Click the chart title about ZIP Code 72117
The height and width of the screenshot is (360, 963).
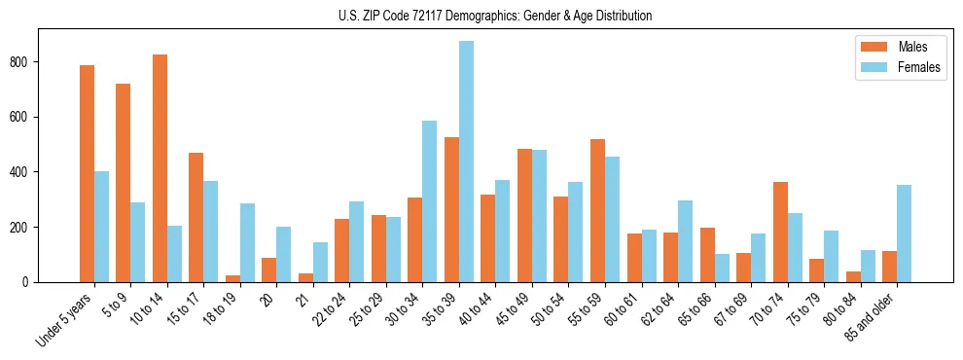481,16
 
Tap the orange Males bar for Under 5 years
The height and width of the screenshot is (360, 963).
88,173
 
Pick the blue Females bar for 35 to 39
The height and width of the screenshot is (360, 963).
467,162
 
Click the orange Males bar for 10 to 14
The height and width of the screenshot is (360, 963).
160,168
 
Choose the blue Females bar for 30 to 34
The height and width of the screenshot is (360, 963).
430,201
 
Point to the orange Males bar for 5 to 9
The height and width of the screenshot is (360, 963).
124,183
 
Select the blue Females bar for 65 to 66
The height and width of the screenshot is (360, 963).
722,268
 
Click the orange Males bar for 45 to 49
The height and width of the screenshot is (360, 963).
525,216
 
